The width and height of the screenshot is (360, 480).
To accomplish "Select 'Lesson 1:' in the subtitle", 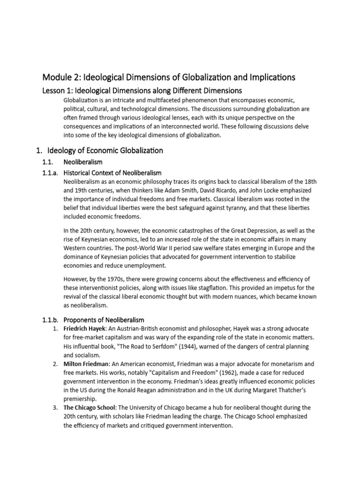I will point(59,90).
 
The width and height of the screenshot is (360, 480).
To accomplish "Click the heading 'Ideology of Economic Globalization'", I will point(105,150).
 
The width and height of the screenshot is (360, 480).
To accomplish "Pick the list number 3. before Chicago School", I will point(55,408).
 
